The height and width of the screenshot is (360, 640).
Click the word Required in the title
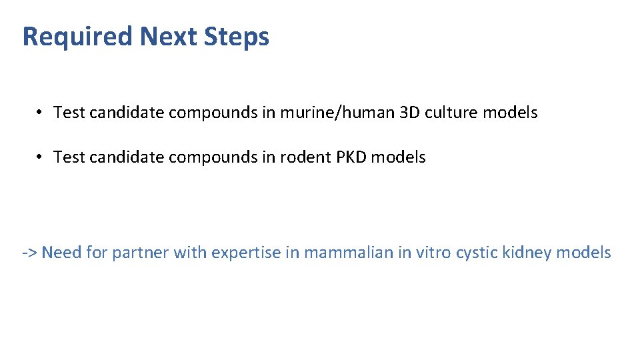coord(78,37)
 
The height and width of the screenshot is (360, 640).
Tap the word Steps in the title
coord(238,37)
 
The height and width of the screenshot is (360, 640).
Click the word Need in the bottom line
coord(61,253)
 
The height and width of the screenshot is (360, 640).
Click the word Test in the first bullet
coord(69,113)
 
